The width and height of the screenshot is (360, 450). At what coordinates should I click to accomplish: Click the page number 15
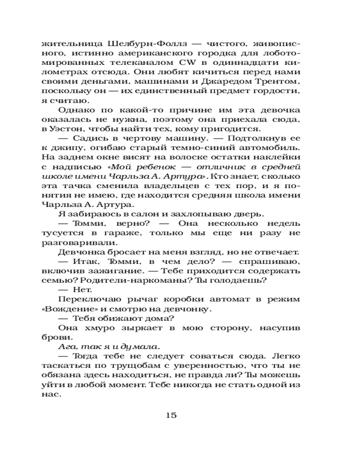pos(171,415)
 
